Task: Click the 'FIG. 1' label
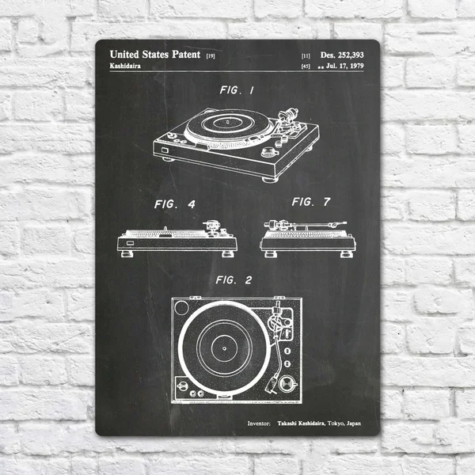[237, 91]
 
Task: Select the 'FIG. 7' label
[310, 202]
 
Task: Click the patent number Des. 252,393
[342, 55]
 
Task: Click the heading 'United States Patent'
[154, 55]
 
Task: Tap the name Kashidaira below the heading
[130, 67]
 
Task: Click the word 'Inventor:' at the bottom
[259, 424]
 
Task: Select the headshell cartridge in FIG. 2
[275, 385]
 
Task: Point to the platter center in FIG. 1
[224, 123]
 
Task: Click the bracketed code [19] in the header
[210, 56]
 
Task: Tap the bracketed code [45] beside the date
[305, 68]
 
